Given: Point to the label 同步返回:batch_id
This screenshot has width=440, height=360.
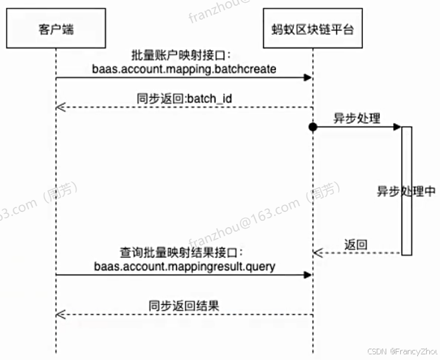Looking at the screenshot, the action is [x=184, y=99].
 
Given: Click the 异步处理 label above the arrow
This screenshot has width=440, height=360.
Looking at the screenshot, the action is [x=357, y=118].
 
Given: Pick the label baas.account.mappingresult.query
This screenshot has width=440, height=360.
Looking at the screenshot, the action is [x=185, y=266].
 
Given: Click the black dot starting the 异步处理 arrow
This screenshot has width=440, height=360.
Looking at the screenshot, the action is [x=313, y=127].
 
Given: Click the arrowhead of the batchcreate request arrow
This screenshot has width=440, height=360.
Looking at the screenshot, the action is [x=308, y=77].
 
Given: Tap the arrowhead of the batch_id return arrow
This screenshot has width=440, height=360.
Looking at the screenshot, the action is [x=60, y=107].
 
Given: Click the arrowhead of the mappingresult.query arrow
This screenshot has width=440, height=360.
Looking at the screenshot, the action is [x=308, y=275].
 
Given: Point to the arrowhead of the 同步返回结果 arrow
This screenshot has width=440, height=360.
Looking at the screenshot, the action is [x=60, y=314].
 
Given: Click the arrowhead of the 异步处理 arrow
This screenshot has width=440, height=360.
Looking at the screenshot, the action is [x=397, y=127].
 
